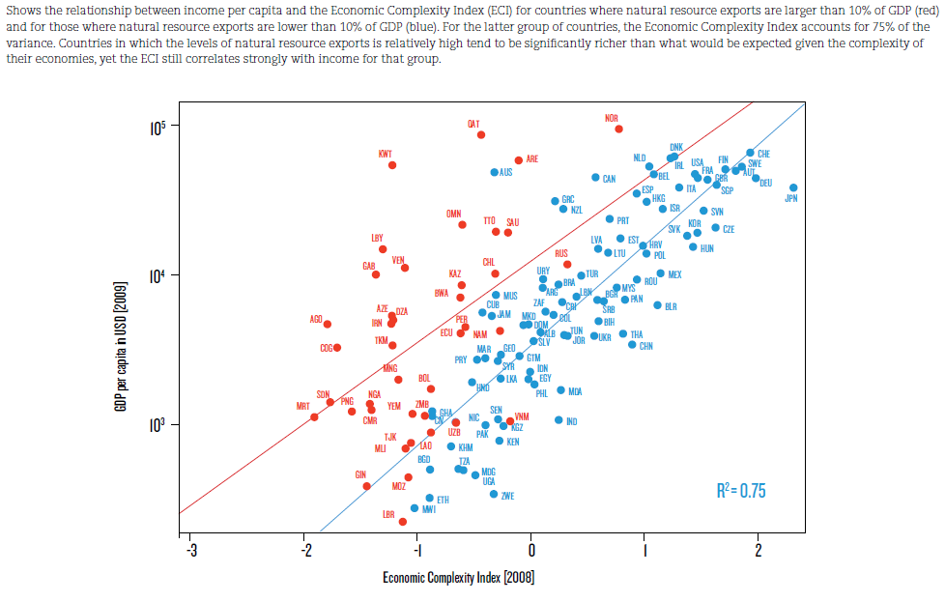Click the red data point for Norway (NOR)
click(x=618, y=129)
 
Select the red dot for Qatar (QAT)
click(x=481, y=135)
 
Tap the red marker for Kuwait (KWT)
click(x=392, y=165)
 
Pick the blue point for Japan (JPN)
click(x=793, y=187)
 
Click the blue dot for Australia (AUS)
click(x=495, y=172)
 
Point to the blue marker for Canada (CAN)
click(x=595, y=178)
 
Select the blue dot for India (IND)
click(x=558, y=419)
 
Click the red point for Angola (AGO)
click(x=328, y=325)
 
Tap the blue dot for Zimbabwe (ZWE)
click(x=494, y=494)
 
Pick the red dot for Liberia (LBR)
click(x=403, y=522)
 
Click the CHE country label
click(x=763, y=154)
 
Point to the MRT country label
click(x=302, y=407)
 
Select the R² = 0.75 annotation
click(x=741, y=491)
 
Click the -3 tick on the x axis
click(x=189, y=552)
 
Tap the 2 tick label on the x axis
click(x=758, y=552)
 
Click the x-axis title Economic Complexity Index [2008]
click(x=458, y=578)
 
